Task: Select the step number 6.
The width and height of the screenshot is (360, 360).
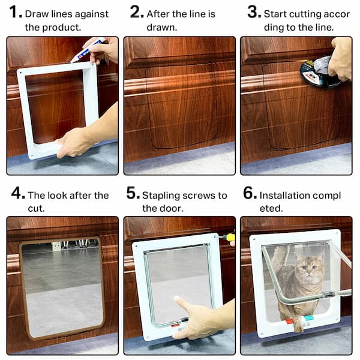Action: [x=249, y=194]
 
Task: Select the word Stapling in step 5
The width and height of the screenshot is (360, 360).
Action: [x=160, y=196]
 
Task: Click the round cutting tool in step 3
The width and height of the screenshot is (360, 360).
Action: [x=316, y=73]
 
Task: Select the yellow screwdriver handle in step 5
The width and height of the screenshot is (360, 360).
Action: [x=230, y=237]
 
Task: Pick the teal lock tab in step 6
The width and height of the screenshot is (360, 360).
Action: [x=308, y=319]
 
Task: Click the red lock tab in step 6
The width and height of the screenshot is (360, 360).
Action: [x=290, y=321]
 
